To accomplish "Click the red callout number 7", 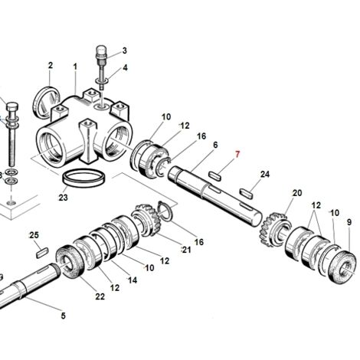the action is point(237,154).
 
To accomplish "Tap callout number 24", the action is point(265,175).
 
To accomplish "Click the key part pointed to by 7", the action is point(214,175).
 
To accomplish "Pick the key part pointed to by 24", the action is point(247,192).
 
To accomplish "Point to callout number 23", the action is point(63,198).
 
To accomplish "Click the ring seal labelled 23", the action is point(83,178).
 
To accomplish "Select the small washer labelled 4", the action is point(102,81).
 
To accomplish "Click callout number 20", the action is point(297,193).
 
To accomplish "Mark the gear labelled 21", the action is point(146,220).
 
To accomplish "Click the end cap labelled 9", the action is point(342,267).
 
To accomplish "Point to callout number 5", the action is point(63,316).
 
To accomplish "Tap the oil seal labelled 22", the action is point(70,261).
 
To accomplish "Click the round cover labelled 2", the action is point(46,103).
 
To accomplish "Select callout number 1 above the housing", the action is point(75,67).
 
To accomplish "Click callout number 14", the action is point(133,280).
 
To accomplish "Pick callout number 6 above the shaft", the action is point(215,145).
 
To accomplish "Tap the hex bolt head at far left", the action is point(12,106).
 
